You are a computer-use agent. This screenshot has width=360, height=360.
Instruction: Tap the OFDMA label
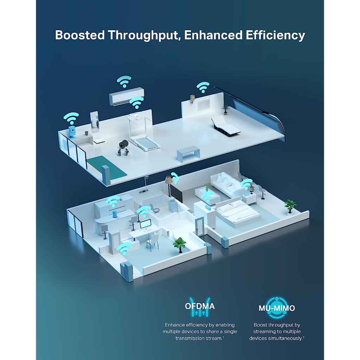point(200,306)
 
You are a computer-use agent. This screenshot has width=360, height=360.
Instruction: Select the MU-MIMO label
point(277,308)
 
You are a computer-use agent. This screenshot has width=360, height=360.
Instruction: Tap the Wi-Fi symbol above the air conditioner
point(124,81)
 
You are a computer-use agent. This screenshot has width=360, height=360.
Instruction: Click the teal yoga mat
point(106,166)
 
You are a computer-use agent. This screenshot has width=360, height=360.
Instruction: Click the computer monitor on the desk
point(146,224)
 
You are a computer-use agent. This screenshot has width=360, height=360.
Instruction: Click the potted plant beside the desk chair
point(180,244)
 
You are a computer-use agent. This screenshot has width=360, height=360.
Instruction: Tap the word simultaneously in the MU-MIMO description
point(285,338)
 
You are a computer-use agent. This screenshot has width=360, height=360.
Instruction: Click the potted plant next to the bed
point(290,206)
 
